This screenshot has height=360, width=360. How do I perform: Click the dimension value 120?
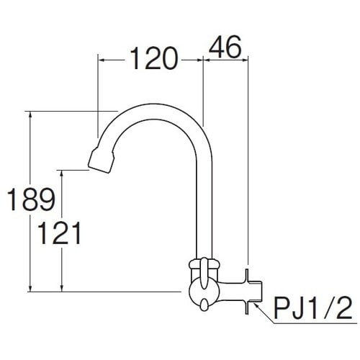pyautogui.click(x=154, y=58)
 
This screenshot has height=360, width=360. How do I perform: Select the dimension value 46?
pyautogui.click(x=225, y=47)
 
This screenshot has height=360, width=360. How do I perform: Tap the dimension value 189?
pyautogui.click(x=31, y=199)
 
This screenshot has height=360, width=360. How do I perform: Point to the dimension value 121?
pyautogui.click(x=59, y=233)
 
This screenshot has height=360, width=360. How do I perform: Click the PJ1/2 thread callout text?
pyautogui.click(x=312, y=308)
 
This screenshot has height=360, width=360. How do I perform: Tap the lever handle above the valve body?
pyautogui.click(x=204, y=273)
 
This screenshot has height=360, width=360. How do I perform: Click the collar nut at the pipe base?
pyautogui.click(x=204, y=264)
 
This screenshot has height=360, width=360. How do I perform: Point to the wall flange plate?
pyautogui.click(x=246, y=291)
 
